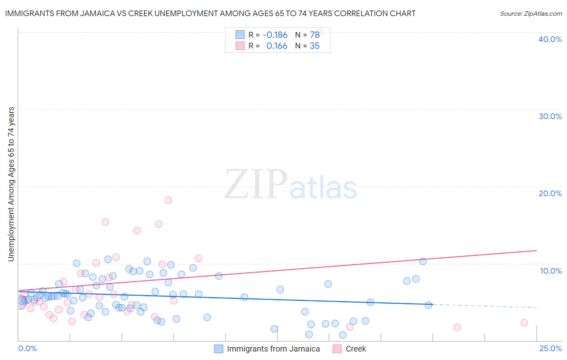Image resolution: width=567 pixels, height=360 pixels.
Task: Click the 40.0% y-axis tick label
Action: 550,39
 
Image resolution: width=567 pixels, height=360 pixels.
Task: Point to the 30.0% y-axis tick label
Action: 550,116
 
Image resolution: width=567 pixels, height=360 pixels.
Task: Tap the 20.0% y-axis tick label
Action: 550,193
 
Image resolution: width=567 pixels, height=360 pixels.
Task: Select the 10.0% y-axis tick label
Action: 551,271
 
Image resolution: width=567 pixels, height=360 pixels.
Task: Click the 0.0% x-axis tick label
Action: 27,348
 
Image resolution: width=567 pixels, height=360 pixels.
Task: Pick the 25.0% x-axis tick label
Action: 550,348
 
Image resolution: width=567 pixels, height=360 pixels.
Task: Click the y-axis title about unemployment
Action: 11,184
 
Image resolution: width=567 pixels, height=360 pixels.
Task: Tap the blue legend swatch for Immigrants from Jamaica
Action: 219,349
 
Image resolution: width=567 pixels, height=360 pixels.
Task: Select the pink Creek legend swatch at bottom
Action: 337,349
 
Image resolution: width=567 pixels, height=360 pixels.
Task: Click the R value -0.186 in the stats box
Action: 275,35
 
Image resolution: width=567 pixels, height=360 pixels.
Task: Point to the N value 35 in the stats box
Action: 315,46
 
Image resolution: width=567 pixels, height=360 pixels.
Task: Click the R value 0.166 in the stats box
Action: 277,46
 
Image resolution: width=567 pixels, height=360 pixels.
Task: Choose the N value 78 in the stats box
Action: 315,35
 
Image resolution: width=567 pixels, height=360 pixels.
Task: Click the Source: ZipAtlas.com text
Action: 531,14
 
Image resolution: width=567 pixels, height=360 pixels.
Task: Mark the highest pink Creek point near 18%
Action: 168,200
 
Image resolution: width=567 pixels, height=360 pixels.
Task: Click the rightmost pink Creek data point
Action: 524,322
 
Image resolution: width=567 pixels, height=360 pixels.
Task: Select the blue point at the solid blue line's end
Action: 428,305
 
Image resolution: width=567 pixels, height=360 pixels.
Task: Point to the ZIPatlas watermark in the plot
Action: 290,184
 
